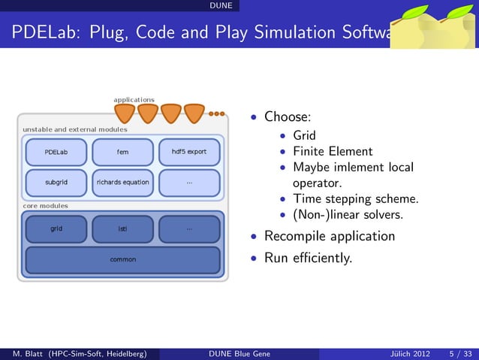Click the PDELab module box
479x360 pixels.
pyautogui.click(x=56, y=152)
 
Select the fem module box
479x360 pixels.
pyautogui.click(x=122, y=152)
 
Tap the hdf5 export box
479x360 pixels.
pyautogui.click(x=189, y=152)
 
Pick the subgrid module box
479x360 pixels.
pyautogui.click(x=56, y=183)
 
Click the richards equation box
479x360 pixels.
pyautogui.click(x=122, y=183)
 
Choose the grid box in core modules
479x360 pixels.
pyautogui.click(x=56, y=228)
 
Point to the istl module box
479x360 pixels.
pyautogui.click(x=122, y=228)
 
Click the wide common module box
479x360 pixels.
pyautogui.click(x=122, y=260)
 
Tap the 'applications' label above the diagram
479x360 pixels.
pyautogui.click(x=134, y=99)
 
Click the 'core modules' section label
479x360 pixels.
pyautogui.click(x=45, y=205)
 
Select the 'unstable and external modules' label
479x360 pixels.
pyautogui.click(x=74, y=129)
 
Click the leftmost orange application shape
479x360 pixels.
pyautogui.click(x=125, y=113)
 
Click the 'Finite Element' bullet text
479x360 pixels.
pyautogui.click(x=333, y=151)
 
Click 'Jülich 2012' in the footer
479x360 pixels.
pyautogui.click(x=411, y=354)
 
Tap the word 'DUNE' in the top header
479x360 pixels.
pyautogui.click(x=221, y=6)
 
